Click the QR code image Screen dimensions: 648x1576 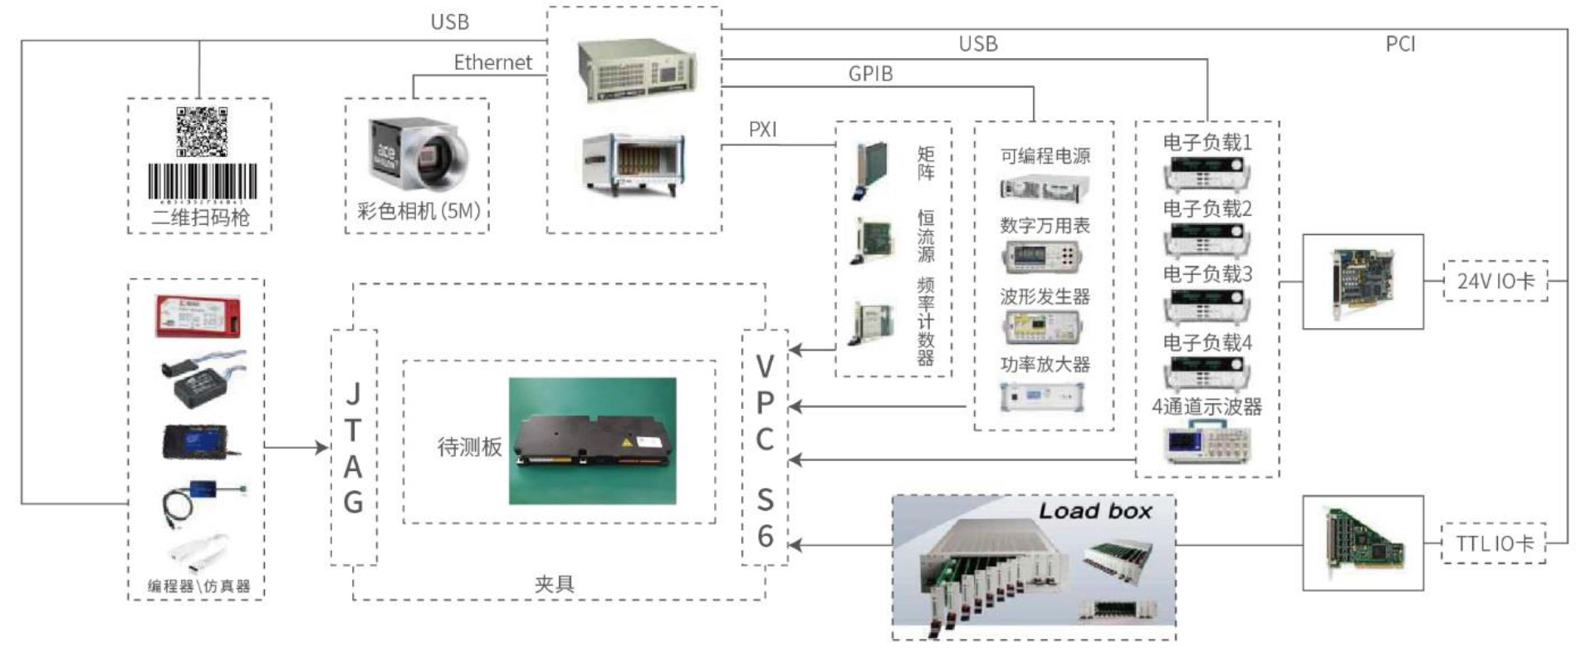[202, 131]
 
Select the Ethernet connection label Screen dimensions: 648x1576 [492, 62]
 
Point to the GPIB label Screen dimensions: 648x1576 [870, 74]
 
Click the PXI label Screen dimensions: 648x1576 [762, 130]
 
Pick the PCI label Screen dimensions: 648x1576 [1400, 44]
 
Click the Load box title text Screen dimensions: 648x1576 [1095, 511]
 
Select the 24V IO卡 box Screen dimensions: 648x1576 [1495, 281]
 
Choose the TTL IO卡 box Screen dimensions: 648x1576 [1494, 543]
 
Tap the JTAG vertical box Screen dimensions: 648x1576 [354, 448]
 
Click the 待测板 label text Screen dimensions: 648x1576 [469, 447]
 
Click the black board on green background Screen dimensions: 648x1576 [592, 441]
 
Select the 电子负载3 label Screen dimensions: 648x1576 [1206, 274]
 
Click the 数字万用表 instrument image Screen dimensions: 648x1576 [1043, 258]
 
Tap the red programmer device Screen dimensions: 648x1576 [199, 317]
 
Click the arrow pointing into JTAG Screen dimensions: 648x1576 [319, 448]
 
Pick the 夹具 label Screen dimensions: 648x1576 [554, 584]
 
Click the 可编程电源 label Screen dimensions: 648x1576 [1045, 156]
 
